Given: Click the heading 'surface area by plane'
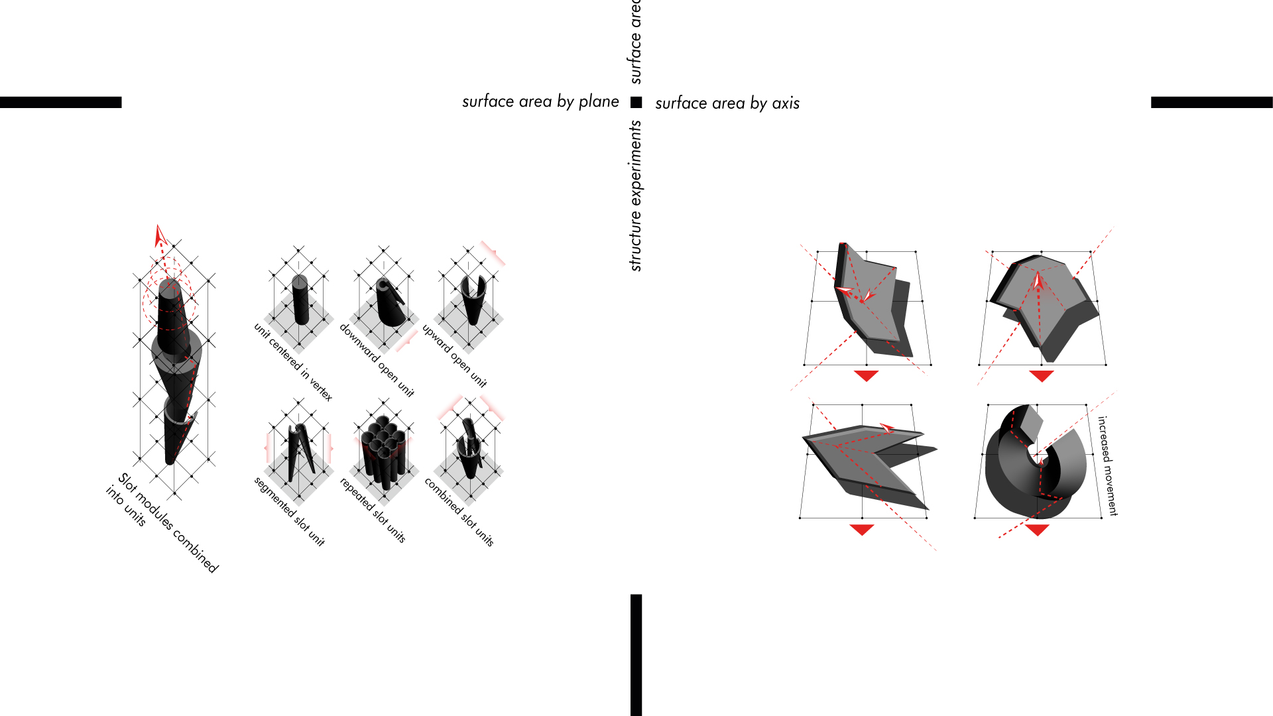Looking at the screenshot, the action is point(540,101).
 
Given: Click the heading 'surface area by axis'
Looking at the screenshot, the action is point(727,103).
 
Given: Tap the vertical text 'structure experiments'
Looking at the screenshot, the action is point(636,196).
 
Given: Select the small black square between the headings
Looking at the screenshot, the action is point(636,102).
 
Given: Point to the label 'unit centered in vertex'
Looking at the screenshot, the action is point(293,362).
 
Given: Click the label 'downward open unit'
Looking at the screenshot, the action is point(377,360).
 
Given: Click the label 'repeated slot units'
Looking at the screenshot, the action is point(373,510).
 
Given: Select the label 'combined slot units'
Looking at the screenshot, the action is point(459,512).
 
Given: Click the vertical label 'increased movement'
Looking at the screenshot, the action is point(1107,466).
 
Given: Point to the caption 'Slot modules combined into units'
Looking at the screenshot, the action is point(162,522).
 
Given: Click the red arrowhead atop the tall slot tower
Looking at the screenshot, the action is point(159,235).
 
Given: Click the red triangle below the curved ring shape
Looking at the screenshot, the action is point(1037,529).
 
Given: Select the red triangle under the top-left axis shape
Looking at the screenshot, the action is point(866,376).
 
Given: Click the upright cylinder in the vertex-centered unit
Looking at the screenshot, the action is point(300,300).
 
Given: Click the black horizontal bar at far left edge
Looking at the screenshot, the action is point(61,102).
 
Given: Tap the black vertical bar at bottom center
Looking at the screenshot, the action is point(636,655).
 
